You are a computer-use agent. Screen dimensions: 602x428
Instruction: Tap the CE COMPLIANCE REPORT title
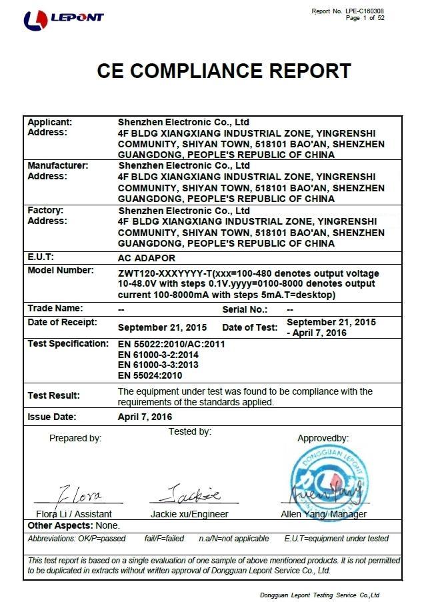coord(224,71)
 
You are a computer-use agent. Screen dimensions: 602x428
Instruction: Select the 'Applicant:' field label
coord(49,122)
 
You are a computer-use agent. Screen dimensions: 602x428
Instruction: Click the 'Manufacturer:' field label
coord(57,165)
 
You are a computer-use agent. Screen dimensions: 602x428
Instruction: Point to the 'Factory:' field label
coord(45,210)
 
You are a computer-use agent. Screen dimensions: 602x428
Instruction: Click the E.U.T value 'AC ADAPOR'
coord(146,257)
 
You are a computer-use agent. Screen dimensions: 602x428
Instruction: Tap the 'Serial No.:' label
coord(245,309)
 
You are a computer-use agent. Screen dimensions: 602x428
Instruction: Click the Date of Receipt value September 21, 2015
coord(162,327)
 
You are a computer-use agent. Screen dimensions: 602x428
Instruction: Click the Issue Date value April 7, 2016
coord(145,417)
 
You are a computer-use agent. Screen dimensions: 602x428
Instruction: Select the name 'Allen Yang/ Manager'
coord(323,514)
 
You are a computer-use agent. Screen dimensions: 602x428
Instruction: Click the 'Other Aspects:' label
coord(58,525)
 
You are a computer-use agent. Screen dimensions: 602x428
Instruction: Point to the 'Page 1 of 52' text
coord(365,18)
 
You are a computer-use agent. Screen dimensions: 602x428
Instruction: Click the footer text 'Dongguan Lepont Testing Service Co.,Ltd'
coord(319,595)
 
